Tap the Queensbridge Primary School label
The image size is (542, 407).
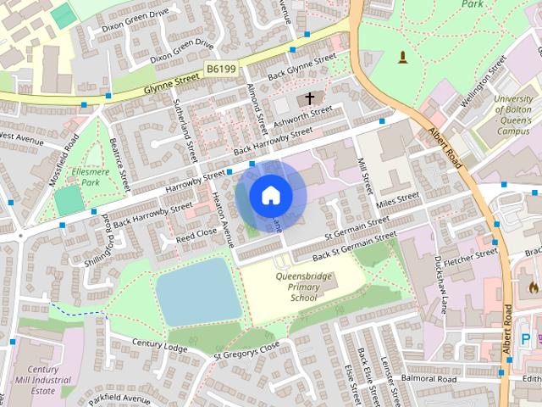point(304,287)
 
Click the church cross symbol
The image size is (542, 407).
point(311,99)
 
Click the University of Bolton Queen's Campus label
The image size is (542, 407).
point(513,114)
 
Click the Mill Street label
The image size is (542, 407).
point(366,175)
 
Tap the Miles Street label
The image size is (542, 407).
point(398,199)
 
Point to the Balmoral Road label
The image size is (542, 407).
point(429,378)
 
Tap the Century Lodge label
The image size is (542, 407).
point(159,344)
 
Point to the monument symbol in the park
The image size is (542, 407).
point(402,58)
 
